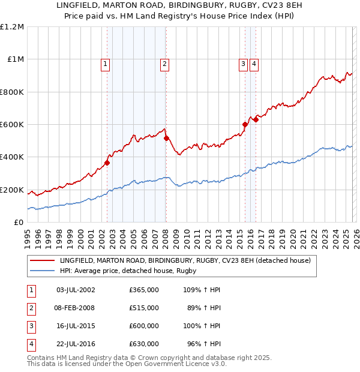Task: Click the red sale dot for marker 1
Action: [x=107, y=163]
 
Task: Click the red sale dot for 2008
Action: [x=166, y=138]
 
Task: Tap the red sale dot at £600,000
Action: [x=245, y=124]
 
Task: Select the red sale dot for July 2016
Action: [x=256, y=119]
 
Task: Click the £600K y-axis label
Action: [x=12, y=125]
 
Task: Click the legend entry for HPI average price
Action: [x=127, y=271]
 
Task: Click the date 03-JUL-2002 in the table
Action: [x=76, y=290]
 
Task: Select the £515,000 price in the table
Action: [x=144, y=308]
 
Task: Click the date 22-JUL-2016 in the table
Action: [x=76, y=344]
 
